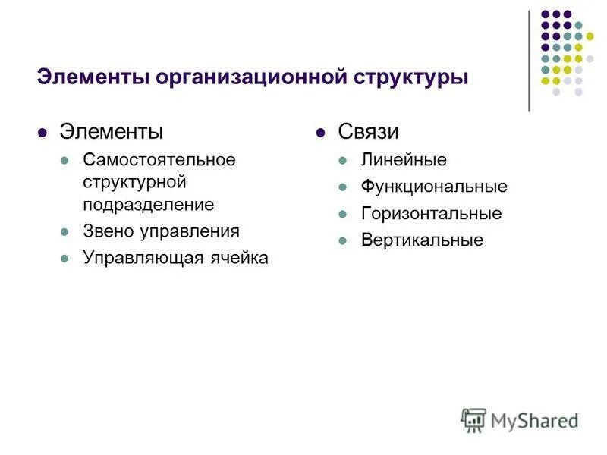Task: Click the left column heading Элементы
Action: click(x=111, y=132)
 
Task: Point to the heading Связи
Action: click(x=368, y=132)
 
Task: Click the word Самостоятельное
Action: click(x=159, y=160)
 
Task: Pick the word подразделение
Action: click(x=149, y=204)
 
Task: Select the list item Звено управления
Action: click(x=161, y=231)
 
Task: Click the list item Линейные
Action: click(x=404, y=160)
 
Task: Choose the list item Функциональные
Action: click(x=434, y=187)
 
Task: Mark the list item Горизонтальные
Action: click(x=431, y=214)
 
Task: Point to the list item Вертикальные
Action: click(x=422, y=240)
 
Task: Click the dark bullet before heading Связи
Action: click(x=321, y=133)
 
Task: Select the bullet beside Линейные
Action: click(x=344, y=161)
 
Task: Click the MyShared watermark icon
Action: click(x=473, y=419)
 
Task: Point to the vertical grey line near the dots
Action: click(x=529, y=61)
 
